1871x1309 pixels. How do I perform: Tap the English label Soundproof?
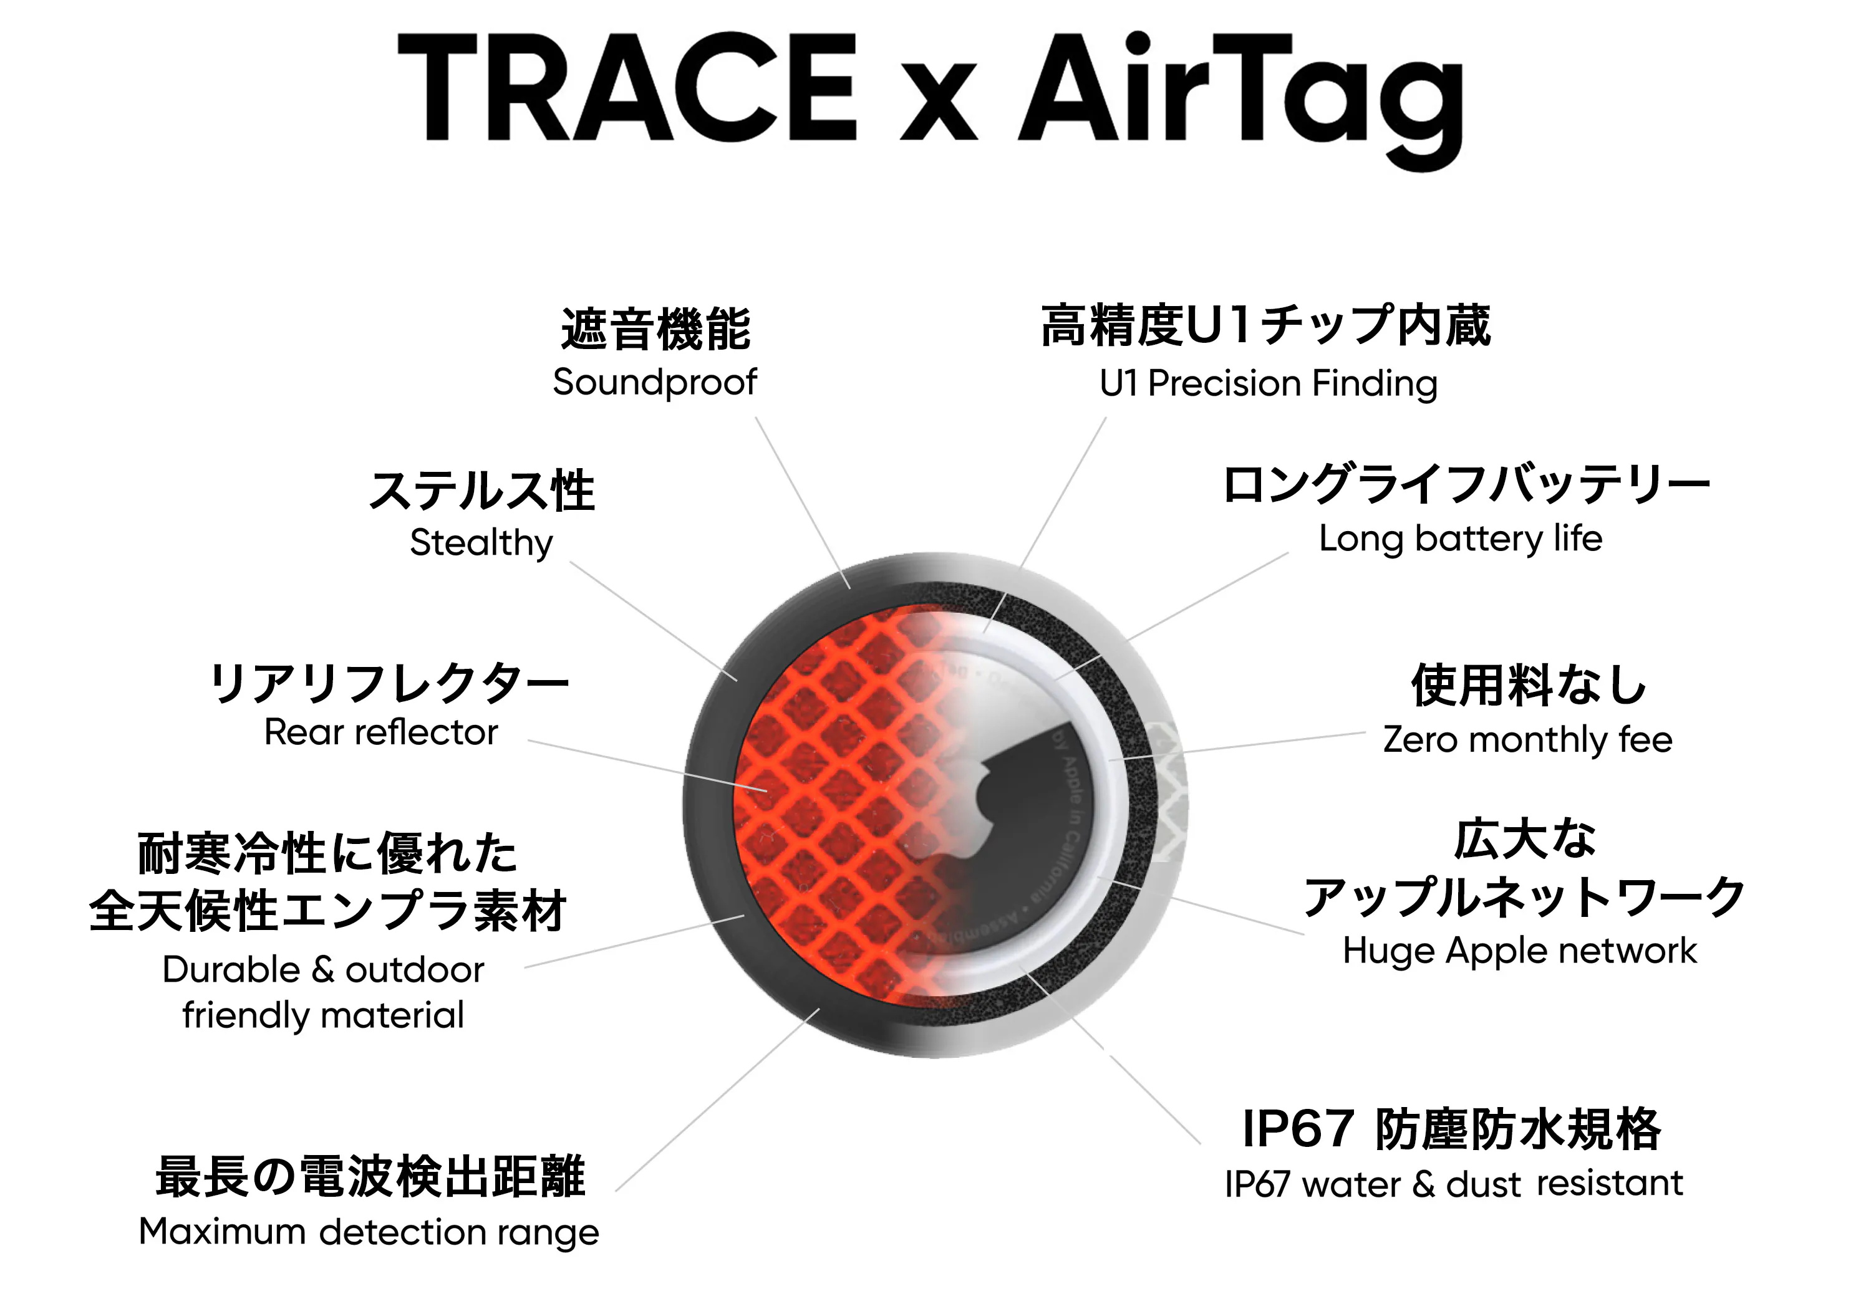tap(654, 382)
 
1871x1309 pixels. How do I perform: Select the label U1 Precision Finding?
tap(1268, 383)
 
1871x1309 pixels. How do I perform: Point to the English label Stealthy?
tap(481, 542)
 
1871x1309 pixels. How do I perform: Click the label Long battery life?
tap(1460, 539)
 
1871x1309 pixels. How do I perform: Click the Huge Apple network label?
tap(1520, 951)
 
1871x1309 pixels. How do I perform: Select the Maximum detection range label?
tap(369, 1232)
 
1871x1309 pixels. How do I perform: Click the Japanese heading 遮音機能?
tap(655, 329)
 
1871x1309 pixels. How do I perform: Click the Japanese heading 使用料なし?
tap(1529, 684)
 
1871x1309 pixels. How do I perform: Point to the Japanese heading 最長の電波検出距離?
tap(370, 1177)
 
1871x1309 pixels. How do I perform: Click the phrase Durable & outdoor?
tap(322, 969)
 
